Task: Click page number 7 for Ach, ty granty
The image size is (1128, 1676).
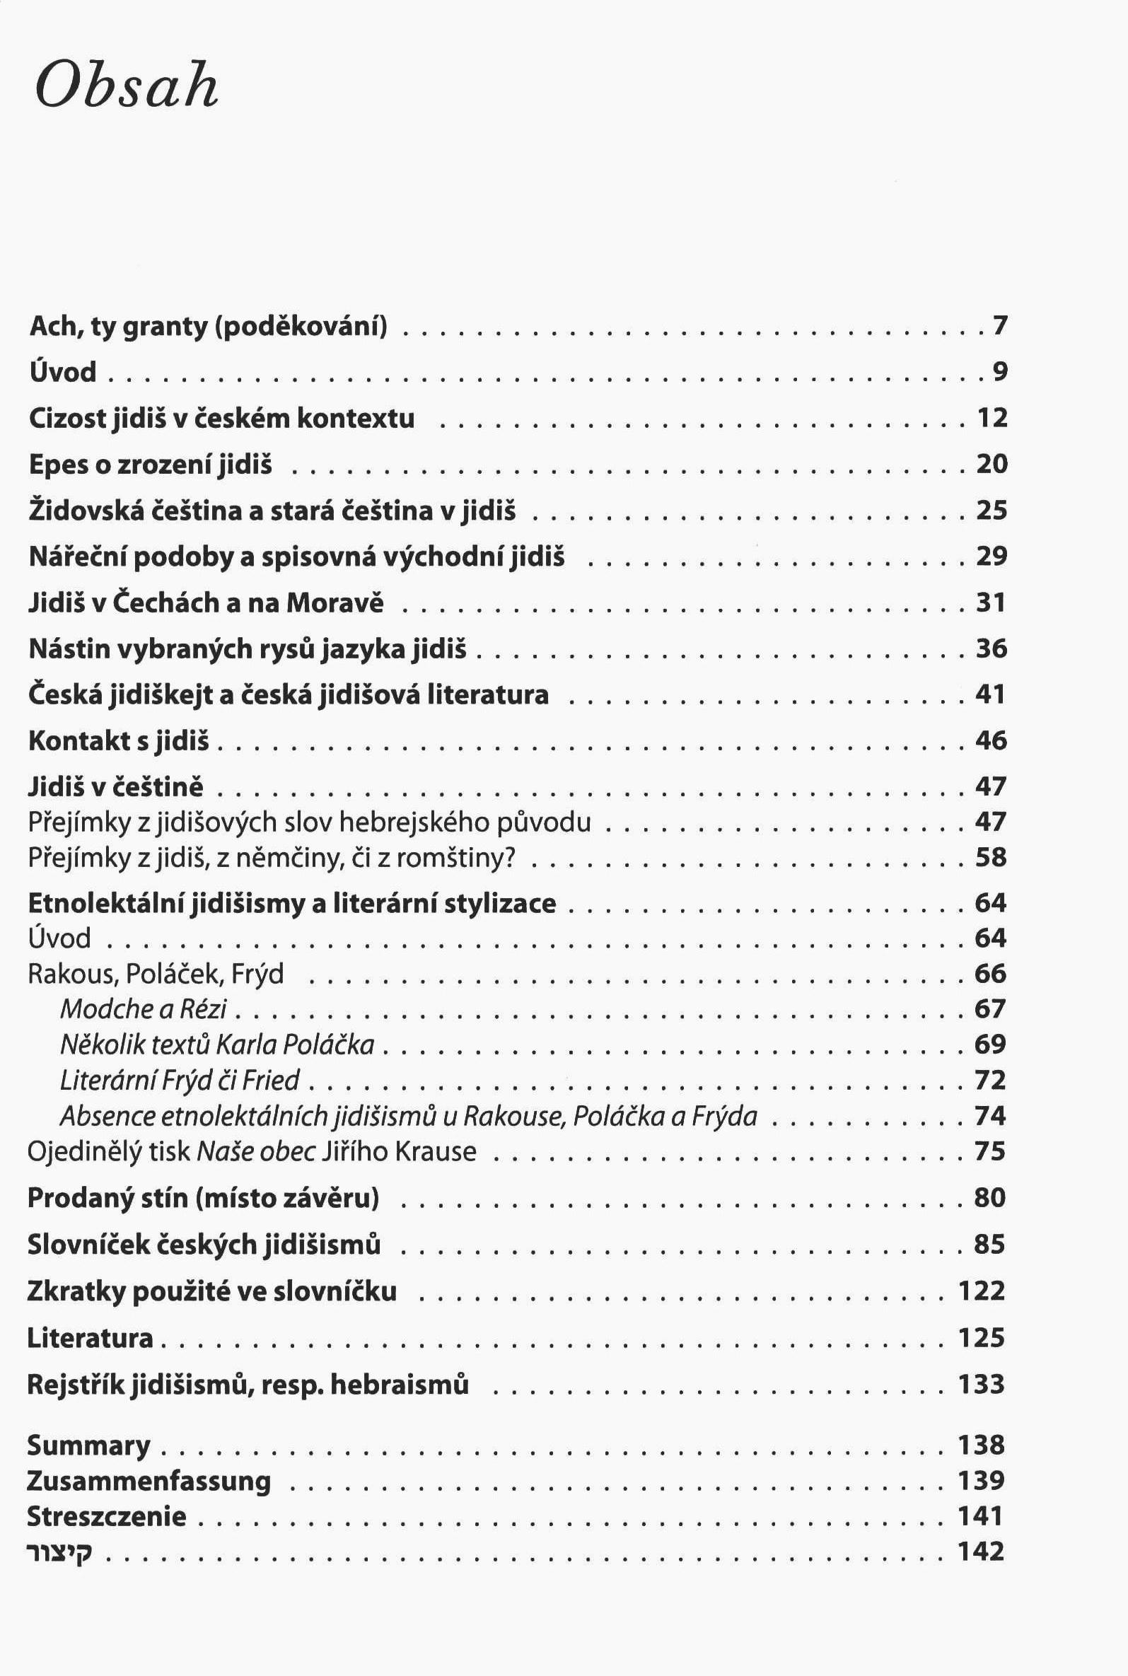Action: (x=999, y=327)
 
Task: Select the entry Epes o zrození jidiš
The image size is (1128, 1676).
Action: (x=151, y=465)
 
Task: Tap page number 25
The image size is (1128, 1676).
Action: (x=992, y=510)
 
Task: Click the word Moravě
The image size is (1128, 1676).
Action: (x=335, y=603)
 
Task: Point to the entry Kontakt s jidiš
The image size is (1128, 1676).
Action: (x=119, y=741)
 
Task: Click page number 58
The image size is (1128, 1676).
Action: (x=991, y=857)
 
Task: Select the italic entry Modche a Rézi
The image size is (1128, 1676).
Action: (x=143, y=1009)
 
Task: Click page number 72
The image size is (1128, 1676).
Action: (x=990, y=1080)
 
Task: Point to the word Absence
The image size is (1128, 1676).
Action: (x=107, y=1116)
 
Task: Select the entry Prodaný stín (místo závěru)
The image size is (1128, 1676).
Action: (x=203, y=1198)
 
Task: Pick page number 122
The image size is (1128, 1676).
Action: (x=981, y=1291)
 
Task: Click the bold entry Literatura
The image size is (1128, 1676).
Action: (x=90, y=1338)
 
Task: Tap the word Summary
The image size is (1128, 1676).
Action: (x=88, y=1444)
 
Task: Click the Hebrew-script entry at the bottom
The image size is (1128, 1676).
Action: (x=59, y=1552)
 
